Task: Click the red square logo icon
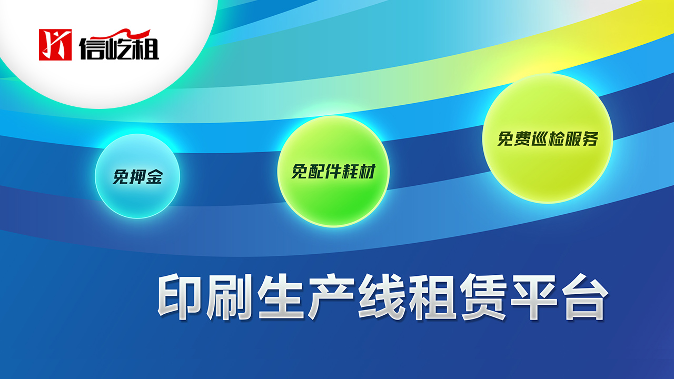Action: point(55,45)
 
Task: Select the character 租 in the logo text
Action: point(146,48)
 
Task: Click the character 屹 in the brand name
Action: point(118,48)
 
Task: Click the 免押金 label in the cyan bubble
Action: point(137,176)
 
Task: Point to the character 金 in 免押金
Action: point(155,176)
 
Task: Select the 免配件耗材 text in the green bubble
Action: point(333,172)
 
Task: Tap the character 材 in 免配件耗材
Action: point(368,172)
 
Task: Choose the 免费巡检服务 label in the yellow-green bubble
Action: point(548,138)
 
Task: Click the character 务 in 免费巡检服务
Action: point(590,138)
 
